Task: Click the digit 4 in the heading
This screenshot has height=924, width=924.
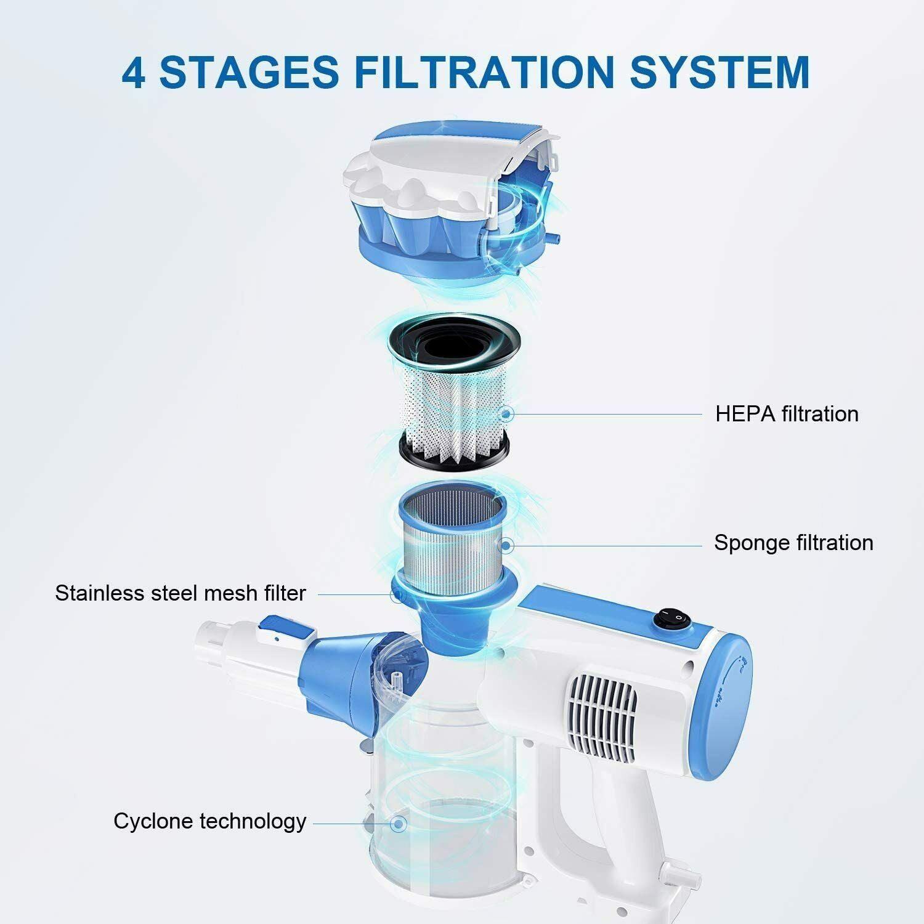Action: pyautogui.click(x=134, y=73)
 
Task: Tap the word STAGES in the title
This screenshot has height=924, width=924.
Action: pyautogui.click(x=249, y=73)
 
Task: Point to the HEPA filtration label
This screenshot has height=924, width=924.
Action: pyautogui.click(x=787, y=414)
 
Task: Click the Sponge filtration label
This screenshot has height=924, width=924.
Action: pyautogui.click(x=793, y=543)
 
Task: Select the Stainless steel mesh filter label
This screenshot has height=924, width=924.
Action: pyautogui.click(x=180, y=593)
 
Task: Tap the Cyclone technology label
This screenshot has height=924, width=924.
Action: pyautogui.click(x=210, y=821)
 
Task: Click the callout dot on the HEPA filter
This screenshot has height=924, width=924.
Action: pyautogui.click(x=508, y=414)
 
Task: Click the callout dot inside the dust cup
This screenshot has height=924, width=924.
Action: pyautogui.click(x=399, y=823)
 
